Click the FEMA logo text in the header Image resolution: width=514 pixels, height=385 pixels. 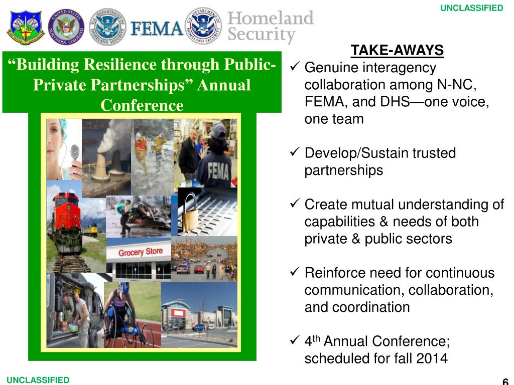click(157, 28)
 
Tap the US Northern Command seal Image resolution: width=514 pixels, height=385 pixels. click(66, 27)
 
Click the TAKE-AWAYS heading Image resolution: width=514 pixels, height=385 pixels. click(397, 51)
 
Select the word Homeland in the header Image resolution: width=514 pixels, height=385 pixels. click(271, 18)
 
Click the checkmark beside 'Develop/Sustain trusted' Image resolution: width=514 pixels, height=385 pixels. click(295, 152)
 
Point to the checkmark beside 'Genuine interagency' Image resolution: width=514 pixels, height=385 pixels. click(295, 66)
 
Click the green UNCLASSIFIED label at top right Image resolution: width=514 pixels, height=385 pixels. click(471, 8)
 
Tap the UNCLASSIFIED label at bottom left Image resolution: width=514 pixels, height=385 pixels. click(38, 380)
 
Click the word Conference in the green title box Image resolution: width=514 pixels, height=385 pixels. click(142, 106)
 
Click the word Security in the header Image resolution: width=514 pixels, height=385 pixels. click(261, 35)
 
